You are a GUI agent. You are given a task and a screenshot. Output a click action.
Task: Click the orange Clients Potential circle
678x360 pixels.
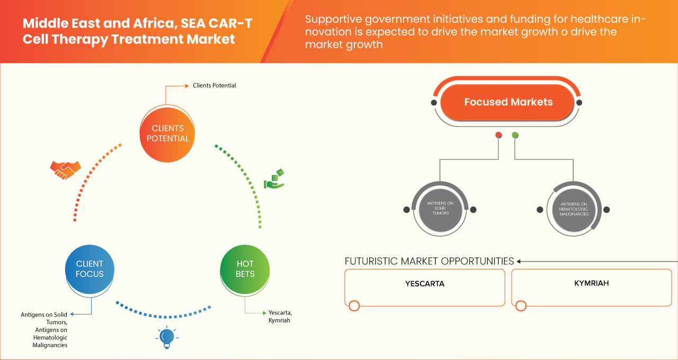pos(167,133)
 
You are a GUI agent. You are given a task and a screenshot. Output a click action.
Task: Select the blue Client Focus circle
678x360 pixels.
pos(90,269)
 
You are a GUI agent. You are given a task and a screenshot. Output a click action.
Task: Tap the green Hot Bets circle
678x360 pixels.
pos(245,269)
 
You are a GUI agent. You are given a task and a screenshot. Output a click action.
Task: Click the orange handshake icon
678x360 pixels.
pos(65,169)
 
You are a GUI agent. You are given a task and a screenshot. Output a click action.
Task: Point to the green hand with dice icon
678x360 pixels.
pos(274,179)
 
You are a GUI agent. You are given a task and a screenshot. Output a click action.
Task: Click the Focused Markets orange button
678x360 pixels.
pos(508,102)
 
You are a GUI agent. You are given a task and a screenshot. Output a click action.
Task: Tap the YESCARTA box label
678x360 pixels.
pos(424,284)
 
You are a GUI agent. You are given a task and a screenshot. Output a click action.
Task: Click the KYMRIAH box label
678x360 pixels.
pos(591,283)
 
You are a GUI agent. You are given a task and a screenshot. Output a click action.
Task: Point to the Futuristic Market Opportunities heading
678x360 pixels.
pos(429,261)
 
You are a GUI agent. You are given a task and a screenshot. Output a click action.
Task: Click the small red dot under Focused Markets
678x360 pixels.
pos(498,136)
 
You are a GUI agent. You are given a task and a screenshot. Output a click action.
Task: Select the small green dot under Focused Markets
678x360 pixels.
pos(515,136)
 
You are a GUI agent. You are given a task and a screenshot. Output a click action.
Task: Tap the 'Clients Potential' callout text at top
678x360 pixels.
pos(214,85)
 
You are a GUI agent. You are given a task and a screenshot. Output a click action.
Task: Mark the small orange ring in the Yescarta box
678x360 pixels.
pos(354,305)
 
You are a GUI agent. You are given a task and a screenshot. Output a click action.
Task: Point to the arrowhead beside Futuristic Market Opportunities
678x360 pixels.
pos(519,261)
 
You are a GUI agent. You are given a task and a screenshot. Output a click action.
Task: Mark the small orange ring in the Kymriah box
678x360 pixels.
pos(521,305)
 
